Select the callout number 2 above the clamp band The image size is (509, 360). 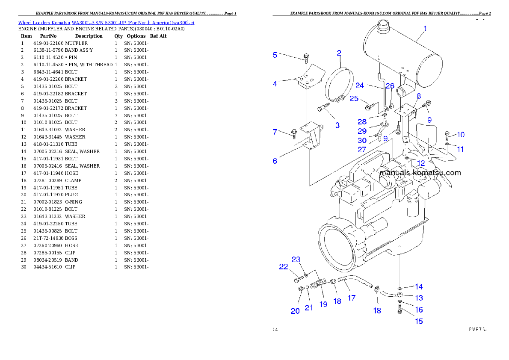[x=339, y=53]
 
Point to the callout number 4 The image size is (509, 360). [x=275, y=84]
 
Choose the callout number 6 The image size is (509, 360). [x=275, y=161]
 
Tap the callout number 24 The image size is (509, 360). [x=360, y=85]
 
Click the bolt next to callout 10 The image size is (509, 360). [x=447, y=136]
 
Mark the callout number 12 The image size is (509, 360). [x=421, y=163]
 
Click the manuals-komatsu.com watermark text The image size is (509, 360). [x=420, y=173]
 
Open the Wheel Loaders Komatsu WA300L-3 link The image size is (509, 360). [x=106, y=23]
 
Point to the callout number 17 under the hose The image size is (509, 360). [x=352, y=298]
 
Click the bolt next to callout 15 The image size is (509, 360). [x=400, y=313]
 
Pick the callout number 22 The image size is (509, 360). [x=284, y=266]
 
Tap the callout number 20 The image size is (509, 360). [x=295, y=311]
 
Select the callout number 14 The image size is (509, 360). [x=419, y=286]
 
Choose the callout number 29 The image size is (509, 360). [x=362, y=131]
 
